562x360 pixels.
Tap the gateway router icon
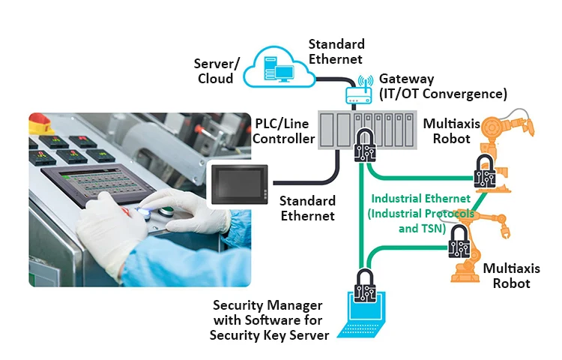pos(358,91)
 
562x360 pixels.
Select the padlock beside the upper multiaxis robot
pos(486,173)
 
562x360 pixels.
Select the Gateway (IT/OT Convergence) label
pos(443,86)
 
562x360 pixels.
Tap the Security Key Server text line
pos(269,335)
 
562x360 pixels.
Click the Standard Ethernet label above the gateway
pos(336,51)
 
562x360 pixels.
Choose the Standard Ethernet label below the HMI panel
pos(307,208)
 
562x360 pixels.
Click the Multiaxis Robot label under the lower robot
pos(507,275)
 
